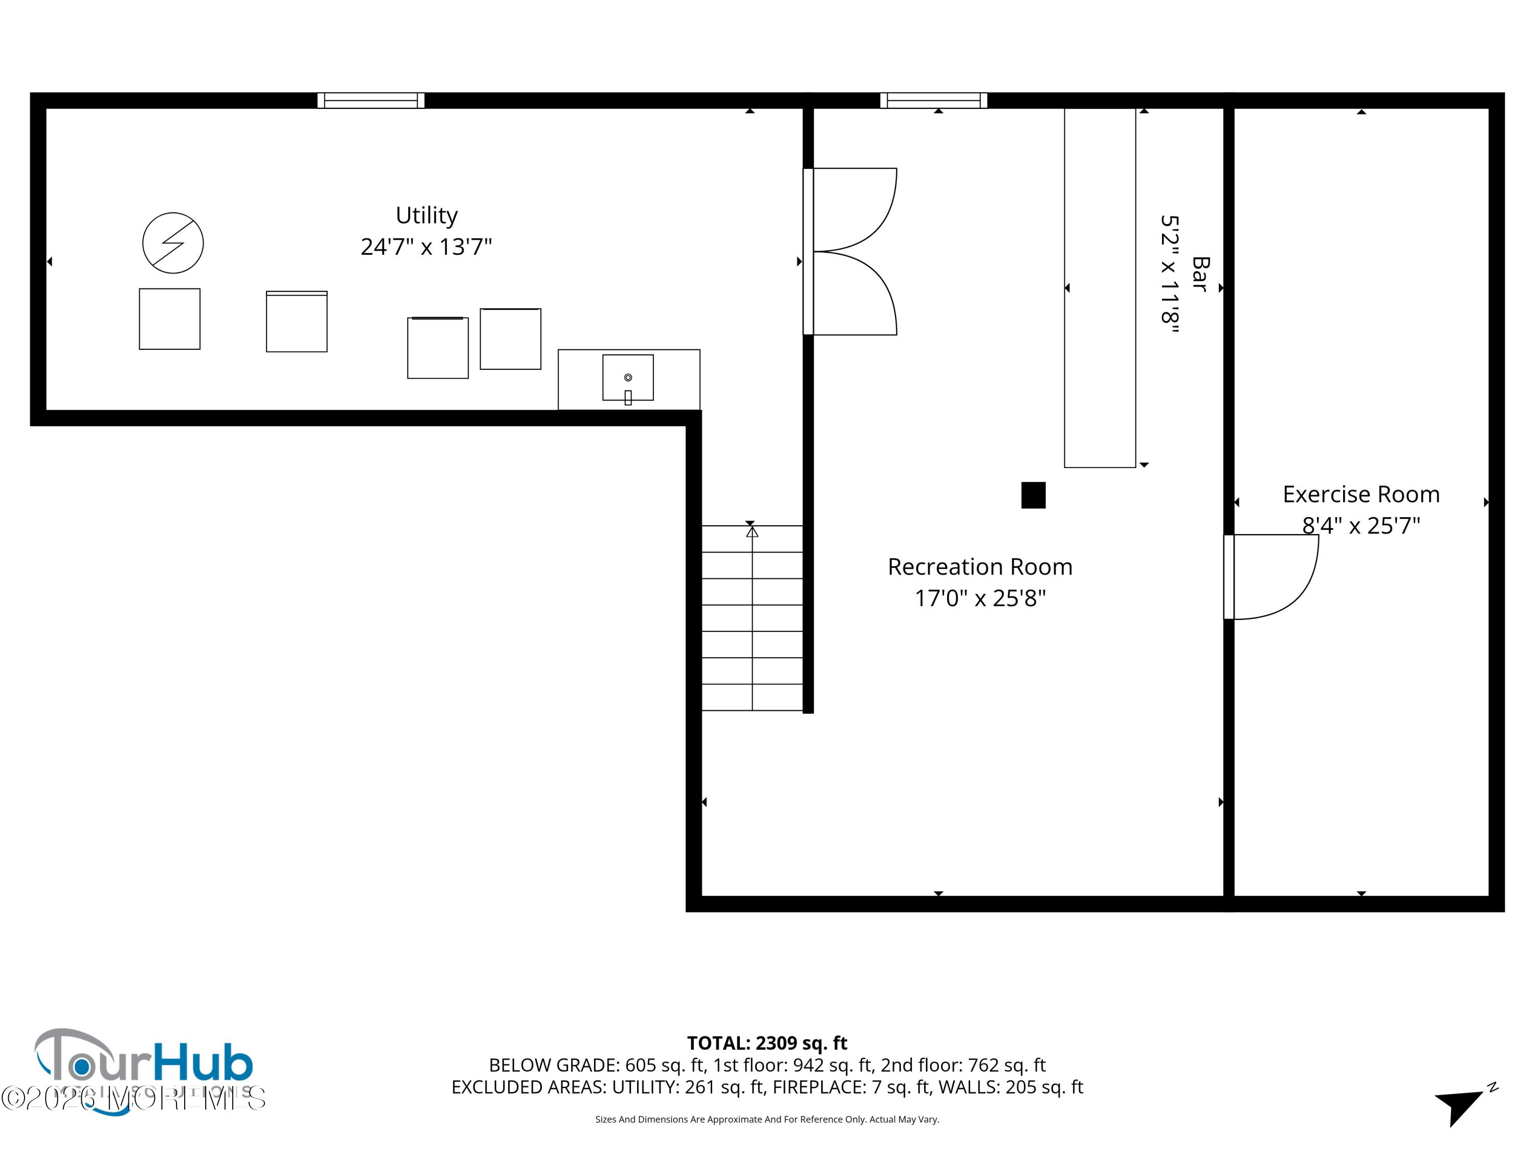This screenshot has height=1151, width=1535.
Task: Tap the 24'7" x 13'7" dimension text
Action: (426, 247)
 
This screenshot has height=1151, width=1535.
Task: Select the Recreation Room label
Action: (980, 567)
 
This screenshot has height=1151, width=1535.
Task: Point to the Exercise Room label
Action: (1361, 494)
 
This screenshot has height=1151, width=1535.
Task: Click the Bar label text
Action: (1200, 274)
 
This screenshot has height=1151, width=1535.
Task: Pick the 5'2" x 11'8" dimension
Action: (1170, 274)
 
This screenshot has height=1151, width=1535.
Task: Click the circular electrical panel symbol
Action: (173, 243)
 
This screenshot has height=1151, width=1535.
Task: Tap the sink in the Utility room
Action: (628, 378)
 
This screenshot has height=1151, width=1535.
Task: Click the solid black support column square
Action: (1033, 495)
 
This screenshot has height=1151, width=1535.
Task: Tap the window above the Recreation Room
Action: (933, 101)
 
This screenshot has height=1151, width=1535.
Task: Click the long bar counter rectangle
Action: (1100, 288)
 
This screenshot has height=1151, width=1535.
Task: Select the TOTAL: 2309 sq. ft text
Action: (767, 1043)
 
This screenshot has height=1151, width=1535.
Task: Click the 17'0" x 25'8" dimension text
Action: (980, 598)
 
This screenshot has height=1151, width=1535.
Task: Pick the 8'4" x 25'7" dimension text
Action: (1361, 526)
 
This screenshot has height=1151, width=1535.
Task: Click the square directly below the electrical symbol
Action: (169, 319)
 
